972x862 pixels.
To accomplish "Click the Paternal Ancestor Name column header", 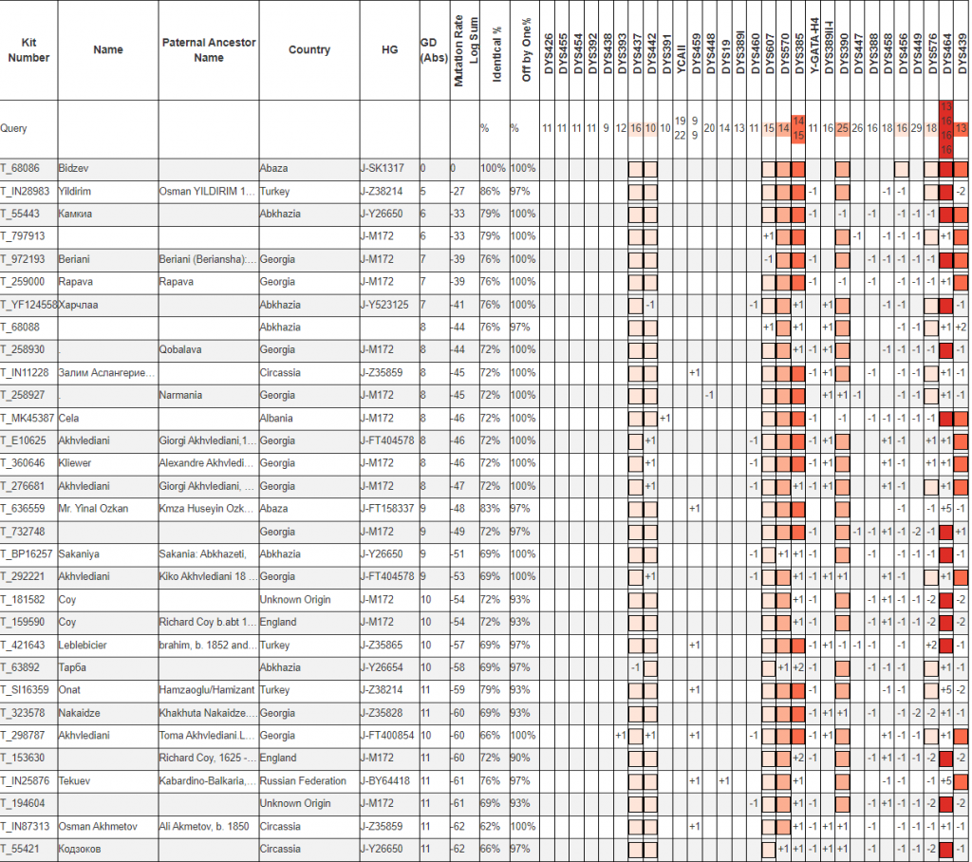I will point(208,50).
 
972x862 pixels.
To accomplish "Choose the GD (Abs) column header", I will point(428,50).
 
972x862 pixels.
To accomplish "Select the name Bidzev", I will point(73,168).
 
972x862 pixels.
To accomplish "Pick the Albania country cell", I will point(276,418).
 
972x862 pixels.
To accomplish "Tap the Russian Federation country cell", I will point(303,780).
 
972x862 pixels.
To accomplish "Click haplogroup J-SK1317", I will point(383,168).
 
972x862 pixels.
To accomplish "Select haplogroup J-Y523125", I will point(385,304).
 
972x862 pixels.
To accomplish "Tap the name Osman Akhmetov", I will point(93,826).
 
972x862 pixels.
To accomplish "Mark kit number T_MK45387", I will point(28,418).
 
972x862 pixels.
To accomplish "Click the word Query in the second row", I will point(13,128).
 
